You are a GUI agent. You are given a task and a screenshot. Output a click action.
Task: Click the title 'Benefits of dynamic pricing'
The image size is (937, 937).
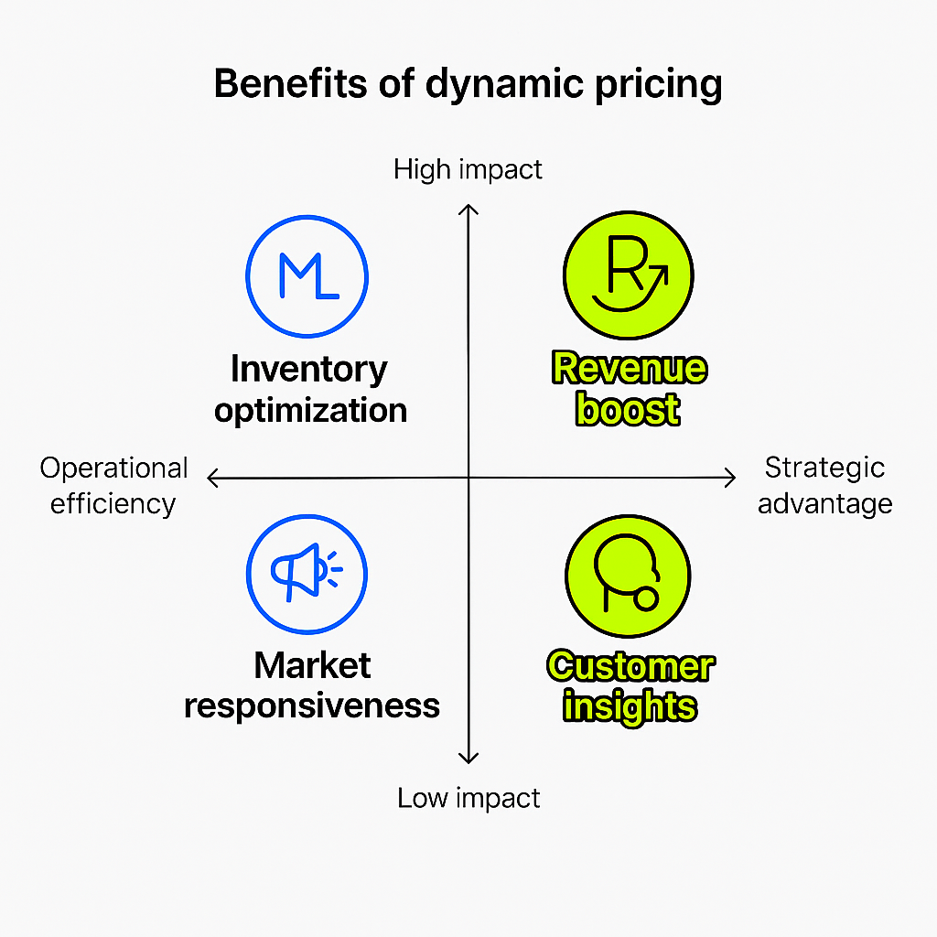(x=468, y=84)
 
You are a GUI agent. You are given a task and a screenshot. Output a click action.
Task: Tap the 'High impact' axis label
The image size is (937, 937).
(x=468, y=169)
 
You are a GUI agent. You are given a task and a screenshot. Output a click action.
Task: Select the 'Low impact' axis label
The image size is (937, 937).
(x=468, y=798)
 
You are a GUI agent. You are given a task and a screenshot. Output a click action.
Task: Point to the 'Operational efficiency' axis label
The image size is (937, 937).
(x=113, y=486)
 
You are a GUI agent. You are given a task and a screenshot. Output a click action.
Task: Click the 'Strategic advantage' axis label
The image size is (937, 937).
(x=824, y=486)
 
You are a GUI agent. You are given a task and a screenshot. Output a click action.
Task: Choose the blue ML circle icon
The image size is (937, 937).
(x=307, y=275)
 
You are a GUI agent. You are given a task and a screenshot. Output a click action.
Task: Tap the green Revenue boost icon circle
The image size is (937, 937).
(x=628, y=275)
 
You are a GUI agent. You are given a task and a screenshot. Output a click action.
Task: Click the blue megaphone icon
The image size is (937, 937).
(x=307, y=574)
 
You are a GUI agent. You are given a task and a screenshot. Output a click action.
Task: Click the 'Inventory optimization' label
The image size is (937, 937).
(x=310, y=389)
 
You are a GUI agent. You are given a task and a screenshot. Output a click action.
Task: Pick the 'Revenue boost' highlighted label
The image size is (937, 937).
(x=629, y=388)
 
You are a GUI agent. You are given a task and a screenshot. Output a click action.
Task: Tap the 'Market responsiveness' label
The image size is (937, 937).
(x=312, y=684)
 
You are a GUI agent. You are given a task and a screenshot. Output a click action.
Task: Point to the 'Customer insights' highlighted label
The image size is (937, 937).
(x=630, y=685)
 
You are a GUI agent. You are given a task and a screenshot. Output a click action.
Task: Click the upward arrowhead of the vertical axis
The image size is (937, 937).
(x=468, y=209)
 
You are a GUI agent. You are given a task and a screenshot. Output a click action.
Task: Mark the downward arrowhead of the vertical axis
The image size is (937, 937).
(x=468, y=758)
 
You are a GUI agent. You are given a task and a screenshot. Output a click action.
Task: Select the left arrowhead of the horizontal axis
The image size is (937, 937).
(x=212, y=478)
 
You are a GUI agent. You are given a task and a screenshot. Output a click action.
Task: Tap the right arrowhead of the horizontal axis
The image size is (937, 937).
(x=730, y=477)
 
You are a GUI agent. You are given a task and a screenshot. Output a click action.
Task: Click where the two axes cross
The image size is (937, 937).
(x=468, y=477)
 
